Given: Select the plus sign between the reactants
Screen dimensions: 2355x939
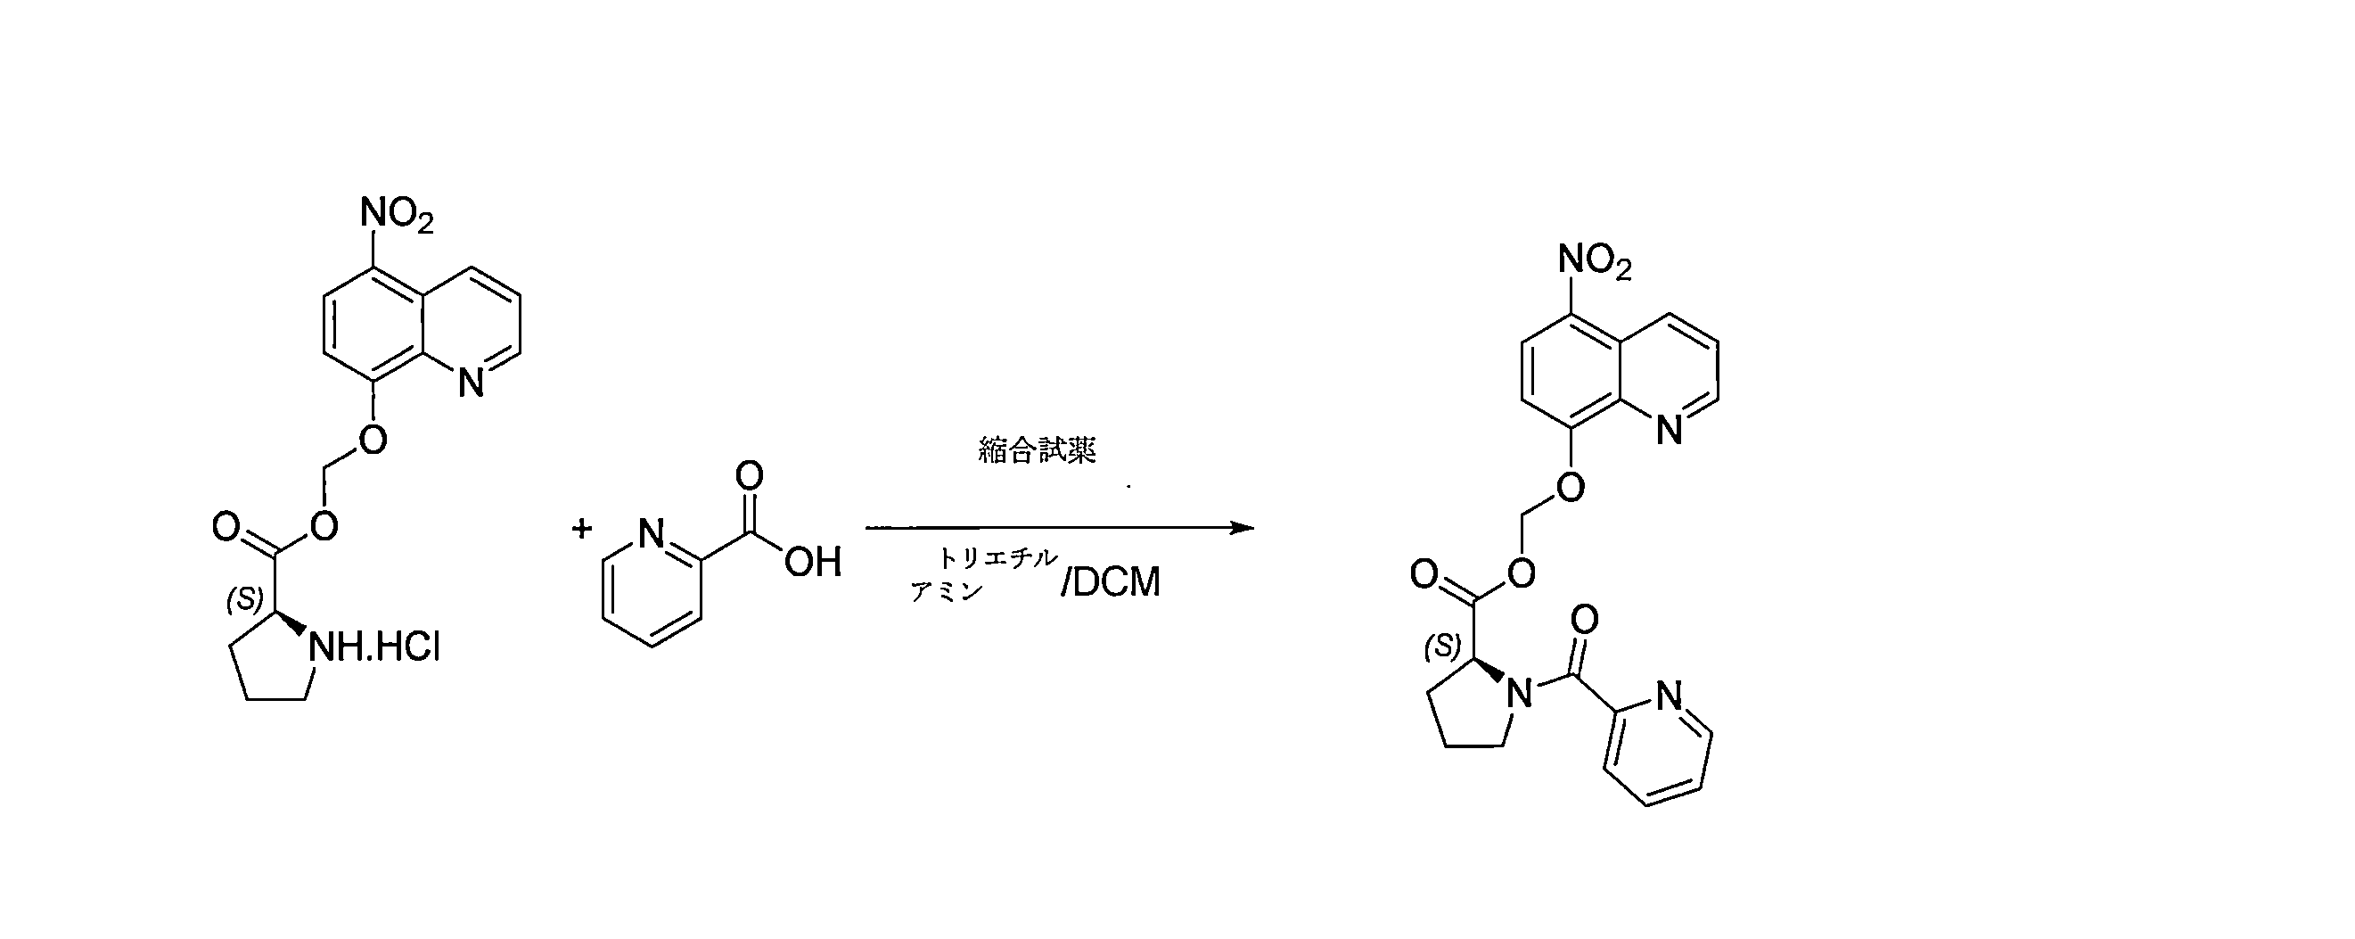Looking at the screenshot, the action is [x=581, y=529].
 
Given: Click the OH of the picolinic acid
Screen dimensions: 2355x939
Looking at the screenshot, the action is [x=812, y=563].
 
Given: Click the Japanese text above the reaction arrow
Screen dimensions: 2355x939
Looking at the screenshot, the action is [x=1037, y=449].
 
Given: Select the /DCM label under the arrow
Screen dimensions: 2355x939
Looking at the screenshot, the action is [x=1111, y=582].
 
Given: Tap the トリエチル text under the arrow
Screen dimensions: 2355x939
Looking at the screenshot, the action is [x=997, y=557].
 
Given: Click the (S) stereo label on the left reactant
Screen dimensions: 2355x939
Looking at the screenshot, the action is [x=245, y=599].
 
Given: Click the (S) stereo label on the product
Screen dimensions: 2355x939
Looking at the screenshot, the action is [x=1442, y=647].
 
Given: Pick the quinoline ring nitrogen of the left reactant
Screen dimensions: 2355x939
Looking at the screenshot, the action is [x=471, y=383].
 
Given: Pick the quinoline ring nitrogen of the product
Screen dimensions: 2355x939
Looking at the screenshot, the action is [x=1670, y=430].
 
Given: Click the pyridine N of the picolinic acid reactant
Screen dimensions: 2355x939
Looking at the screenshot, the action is [x=651, y=535].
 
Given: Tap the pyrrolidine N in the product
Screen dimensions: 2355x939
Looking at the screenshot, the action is [x=1519, y=695].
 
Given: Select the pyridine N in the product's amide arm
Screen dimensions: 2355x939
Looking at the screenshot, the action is [x=1670, y=696].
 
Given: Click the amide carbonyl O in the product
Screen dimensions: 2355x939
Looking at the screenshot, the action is [x=1584, y=620].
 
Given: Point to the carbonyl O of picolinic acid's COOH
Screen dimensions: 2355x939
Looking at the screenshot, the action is [x=750, y=475].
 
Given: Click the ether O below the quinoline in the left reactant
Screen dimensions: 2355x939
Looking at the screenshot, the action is [x=372, y=441].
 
